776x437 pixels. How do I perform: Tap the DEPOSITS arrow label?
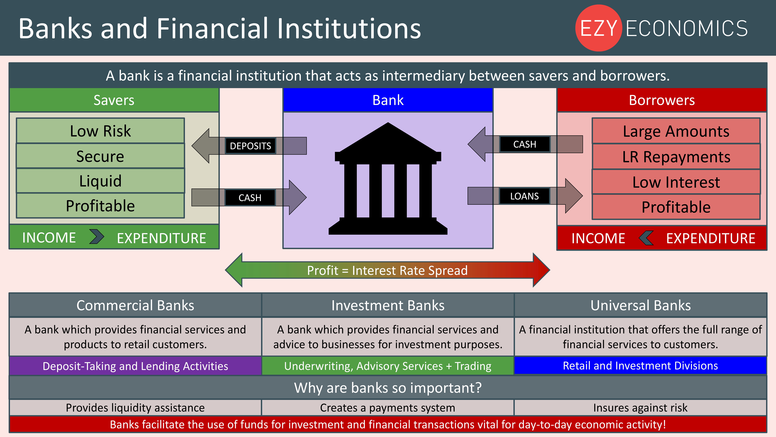[250, 146]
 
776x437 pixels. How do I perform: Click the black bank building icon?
[388, 179]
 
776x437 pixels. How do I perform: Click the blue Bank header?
[388, 100]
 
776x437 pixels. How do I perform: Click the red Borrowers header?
[662, 100]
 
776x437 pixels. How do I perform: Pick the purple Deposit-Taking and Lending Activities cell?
[135, 366]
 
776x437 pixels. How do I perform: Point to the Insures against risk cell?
[640, 408]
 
